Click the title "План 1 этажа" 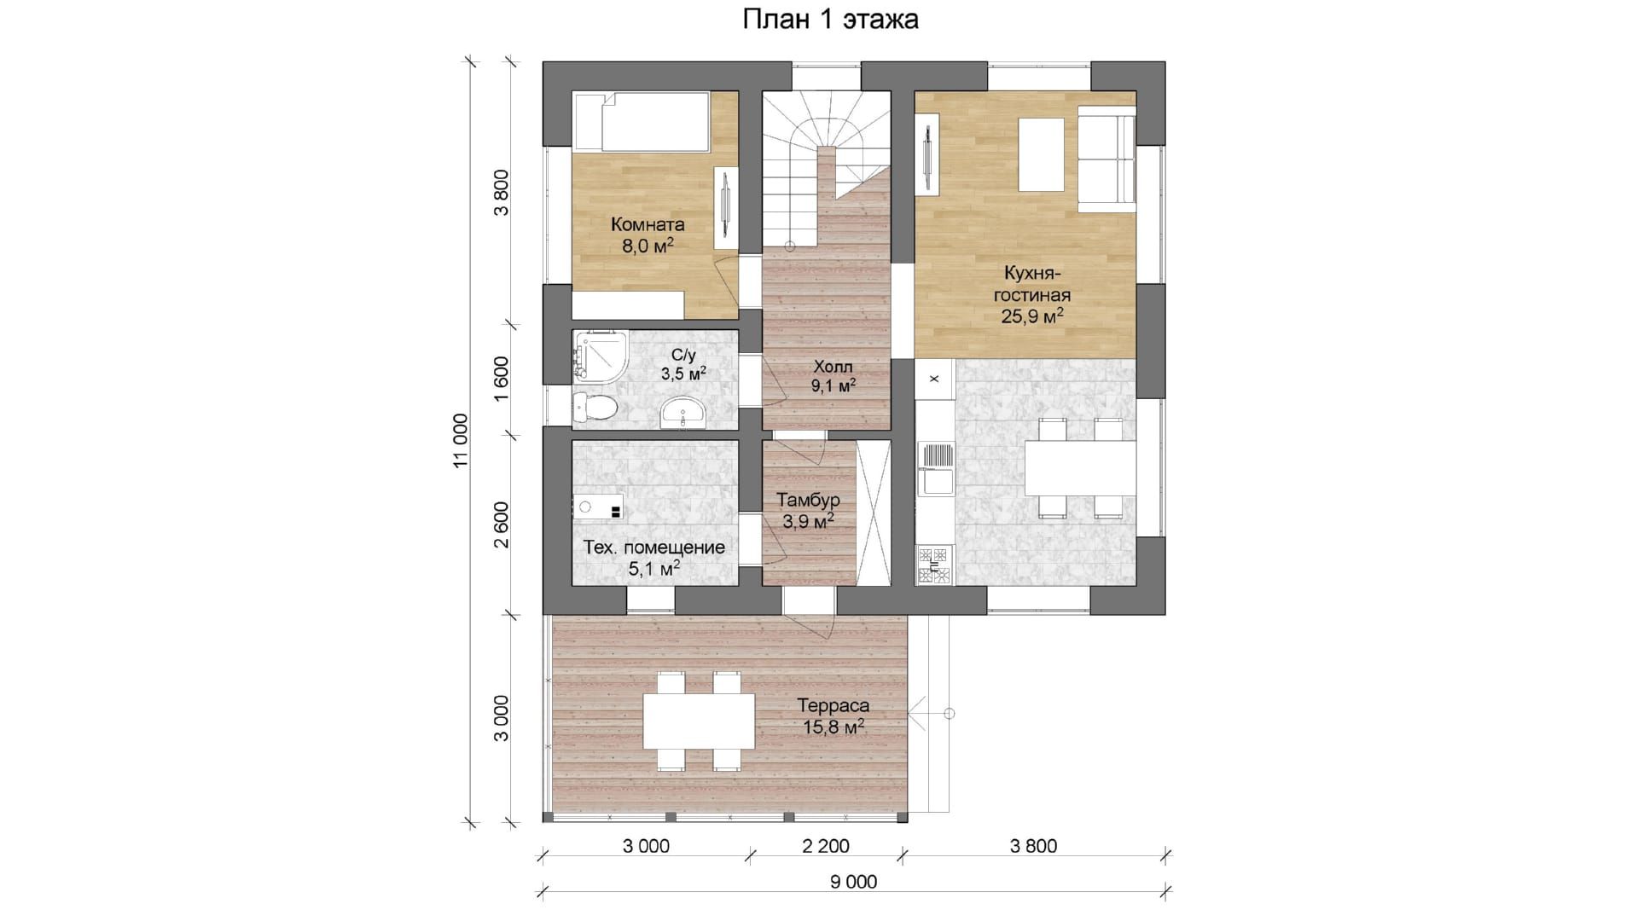tap(830, 20)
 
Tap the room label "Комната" tap(648, 225)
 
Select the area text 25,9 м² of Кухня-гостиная tap(1032, 316)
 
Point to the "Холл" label tap(833, 367)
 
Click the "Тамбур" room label tap(808, 501)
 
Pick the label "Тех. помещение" tap(654, 547)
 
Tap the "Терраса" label tap(834, 706)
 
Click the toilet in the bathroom tap(594, 408)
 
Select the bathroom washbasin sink tap(683, 414)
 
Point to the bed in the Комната tap(642, 123)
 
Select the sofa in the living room tap(1107, 159)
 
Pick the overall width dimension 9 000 tap(853, 882)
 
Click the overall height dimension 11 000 tap(460, 441)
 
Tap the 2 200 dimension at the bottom tap(826, 846)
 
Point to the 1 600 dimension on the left tap(501, 384)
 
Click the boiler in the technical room tap(598, 507)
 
